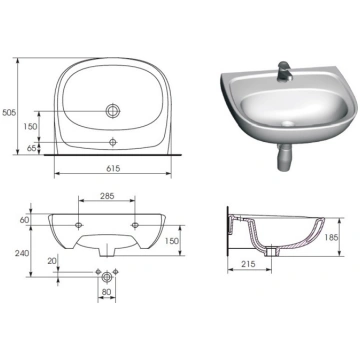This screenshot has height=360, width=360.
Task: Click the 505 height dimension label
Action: [x=9, y=113]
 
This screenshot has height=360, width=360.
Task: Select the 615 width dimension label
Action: [x=113, y=169]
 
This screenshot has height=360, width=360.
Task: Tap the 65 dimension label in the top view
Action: [x=32, y=148]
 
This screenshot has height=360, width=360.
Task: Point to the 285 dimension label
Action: [x=107, y=196]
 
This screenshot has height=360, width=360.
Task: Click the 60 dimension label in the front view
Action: [x=24, y=220]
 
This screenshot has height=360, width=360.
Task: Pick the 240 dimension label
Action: [x=22, y=253]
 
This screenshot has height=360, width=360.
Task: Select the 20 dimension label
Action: [x=51, y=261]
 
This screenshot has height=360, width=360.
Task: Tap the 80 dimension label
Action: [x=106, y=291]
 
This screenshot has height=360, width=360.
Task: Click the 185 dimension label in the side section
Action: [x=331, y=237]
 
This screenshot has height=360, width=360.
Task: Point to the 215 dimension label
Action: [x=248, y=264]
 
